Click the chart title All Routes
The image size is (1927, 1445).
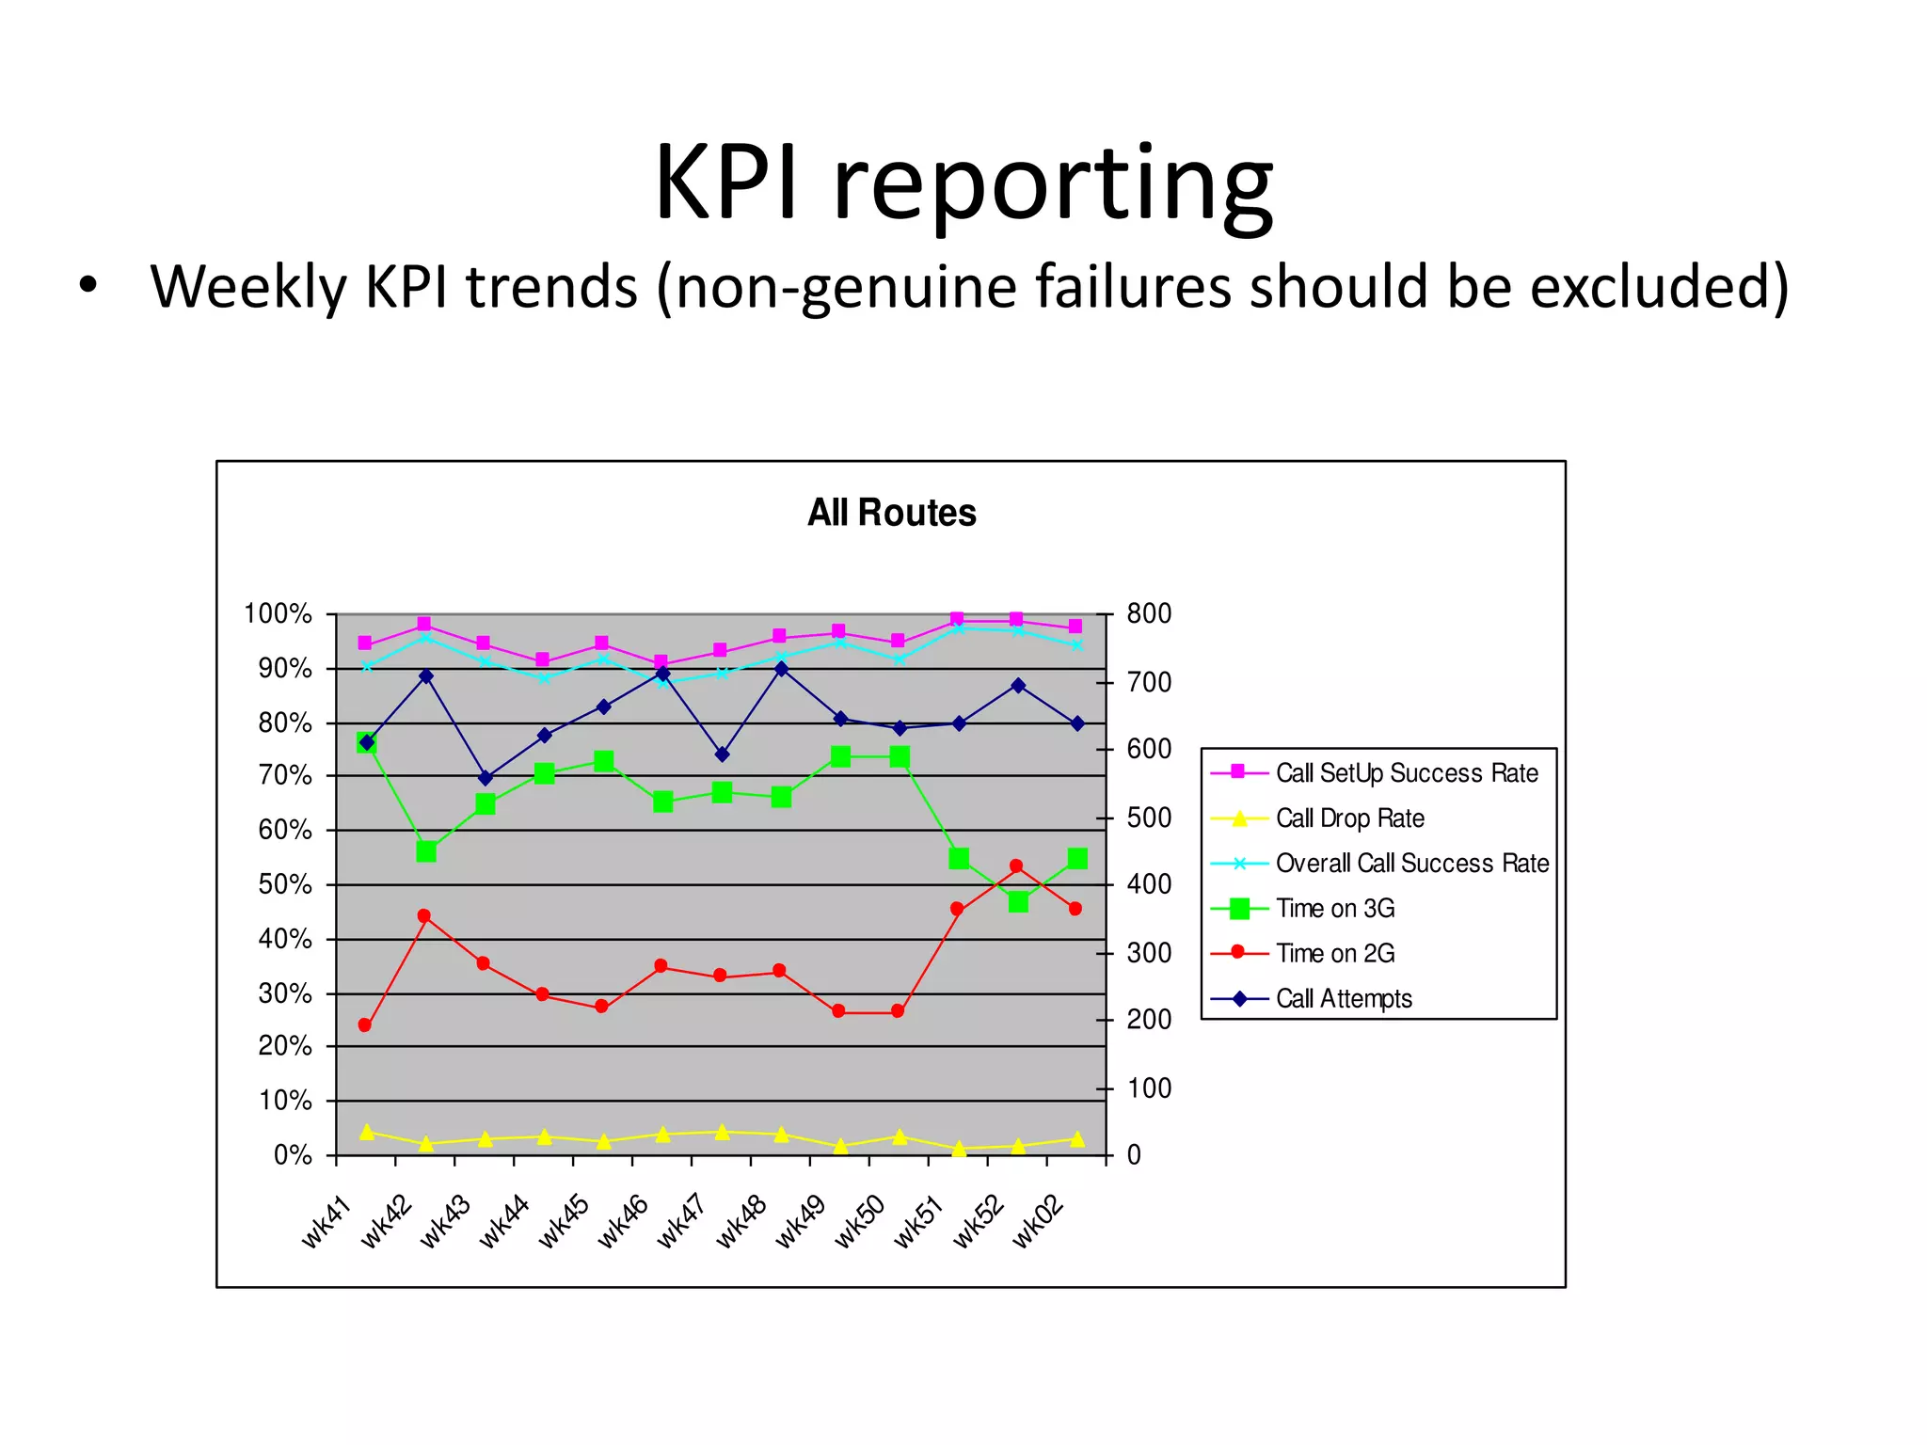coord(891,513)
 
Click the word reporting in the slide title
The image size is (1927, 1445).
coord(1053,183)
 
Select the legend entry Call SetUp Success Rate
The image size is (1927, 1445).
coord(1406,773)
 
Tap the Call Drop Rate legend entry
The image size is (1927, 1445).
coord(1349,818)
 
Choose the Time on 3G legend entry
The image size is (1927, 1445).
coord(1334,909)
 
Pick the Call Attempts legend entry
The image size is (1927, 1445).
coord(1343,999)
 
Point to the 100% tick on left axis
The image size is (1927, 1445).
coord(278,614)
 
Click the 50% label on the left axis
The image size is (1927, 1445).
coord(284,885)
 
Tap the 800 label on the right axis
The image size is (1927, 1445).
coord(1149,614)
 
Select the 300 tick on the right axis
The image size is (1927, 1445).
coord(1149,953)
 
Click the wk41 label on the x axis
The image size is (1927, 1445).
coord(326,1222)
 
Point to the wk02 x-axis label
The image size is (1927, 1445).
coord(1038,1222)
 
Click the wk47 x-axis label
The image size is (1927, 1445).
coord(681,1222)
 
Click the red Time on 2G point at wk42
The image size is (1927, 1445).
coord(424,916)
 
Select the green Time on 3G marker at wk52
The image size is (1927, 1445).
coord(1018,902)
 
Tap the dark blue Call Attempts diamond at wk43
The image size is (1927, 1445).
coord(486,778)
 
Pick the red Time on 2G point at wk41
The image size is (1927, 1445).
coord(365,1025)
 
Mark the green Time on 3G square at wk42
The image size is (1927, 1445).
coord(426,851)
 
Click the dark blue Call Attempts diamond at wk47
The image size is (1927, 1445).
coord(722,754)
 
